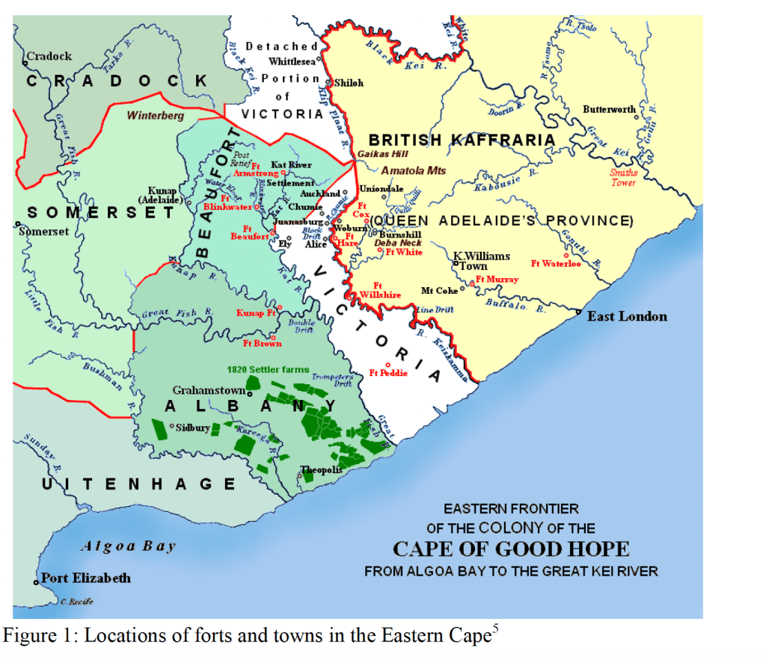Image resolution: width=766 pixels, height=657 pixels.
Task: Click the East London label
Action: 627,316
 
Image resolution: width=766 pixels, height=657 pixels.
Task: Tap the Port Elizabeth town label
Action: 85,578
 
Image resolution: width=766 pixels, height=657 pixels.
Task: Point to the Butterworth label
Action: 609,110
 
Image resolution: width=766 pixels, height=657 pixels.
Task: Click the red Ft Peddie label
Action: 388,373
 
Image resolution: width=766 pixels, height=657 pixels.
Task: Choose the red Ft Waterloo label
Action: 556,263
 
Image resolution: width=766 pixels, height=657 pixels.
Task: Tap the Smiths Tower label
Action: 623,177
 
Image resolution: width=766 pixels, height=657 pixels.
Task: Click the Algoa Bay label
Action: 128,546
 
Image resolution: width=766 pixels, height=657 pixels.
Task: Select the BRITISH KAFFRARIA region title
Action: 462,140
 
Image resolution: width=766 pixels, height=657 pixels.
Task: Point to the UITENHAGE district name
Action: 138,484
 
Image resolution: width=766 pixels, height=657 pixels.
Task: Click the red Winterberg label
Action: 155,116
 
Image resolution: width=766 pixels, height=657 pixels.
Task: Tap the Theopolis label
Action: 321,470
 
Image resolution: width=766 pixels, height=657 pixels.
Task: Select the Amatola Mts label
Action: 413,170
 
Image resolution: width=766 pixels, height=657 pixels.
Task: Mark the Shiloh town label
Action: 349,83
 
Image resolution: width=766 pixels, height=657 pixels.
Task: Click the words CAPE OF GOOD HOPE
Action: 511,549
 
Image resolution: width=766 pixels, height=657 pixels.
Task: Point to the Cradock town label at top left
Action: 49,56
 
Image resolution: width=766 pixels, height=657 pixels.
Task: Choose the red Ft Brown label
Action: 263,343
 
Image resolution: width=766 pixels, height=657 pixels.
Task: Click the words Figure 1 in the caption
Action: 38,636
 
